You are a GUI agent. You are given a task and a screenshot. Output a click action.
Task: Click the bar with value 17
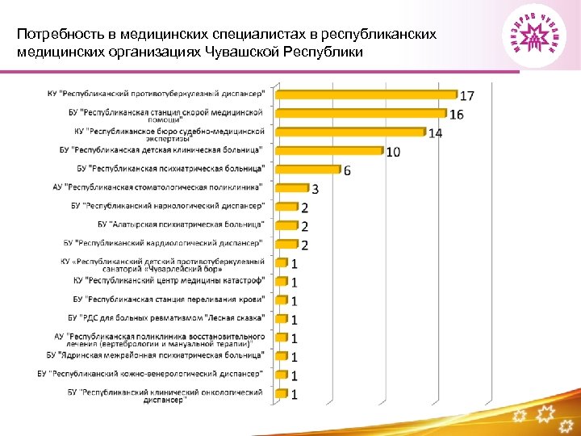[367, 94]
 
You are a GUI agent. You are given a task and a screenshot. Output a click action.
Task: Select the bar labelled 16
[362, 113]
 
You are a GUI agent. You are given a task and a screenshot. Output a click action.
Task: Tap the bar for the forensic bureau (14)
[351, 132]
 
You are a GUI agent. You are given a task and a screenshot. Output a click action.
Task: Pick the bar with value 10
[331, 150]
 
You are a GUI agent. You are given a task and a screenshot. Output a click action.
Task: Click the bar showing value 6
[309, 170]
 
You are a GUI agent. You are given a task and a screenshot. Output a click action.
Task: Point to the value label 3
[315, 189]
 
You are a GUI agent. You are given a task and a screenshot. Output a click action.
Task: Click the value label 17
[467, 95]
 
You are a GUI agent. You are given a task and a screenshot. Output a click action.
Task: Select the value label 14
[435, 133]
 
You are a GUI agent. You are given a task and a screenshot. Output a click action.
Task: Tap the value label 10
[393, 153]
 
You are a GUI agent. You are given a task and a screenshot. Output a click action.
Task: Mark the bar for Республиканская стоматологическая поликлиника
[293, 188]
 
